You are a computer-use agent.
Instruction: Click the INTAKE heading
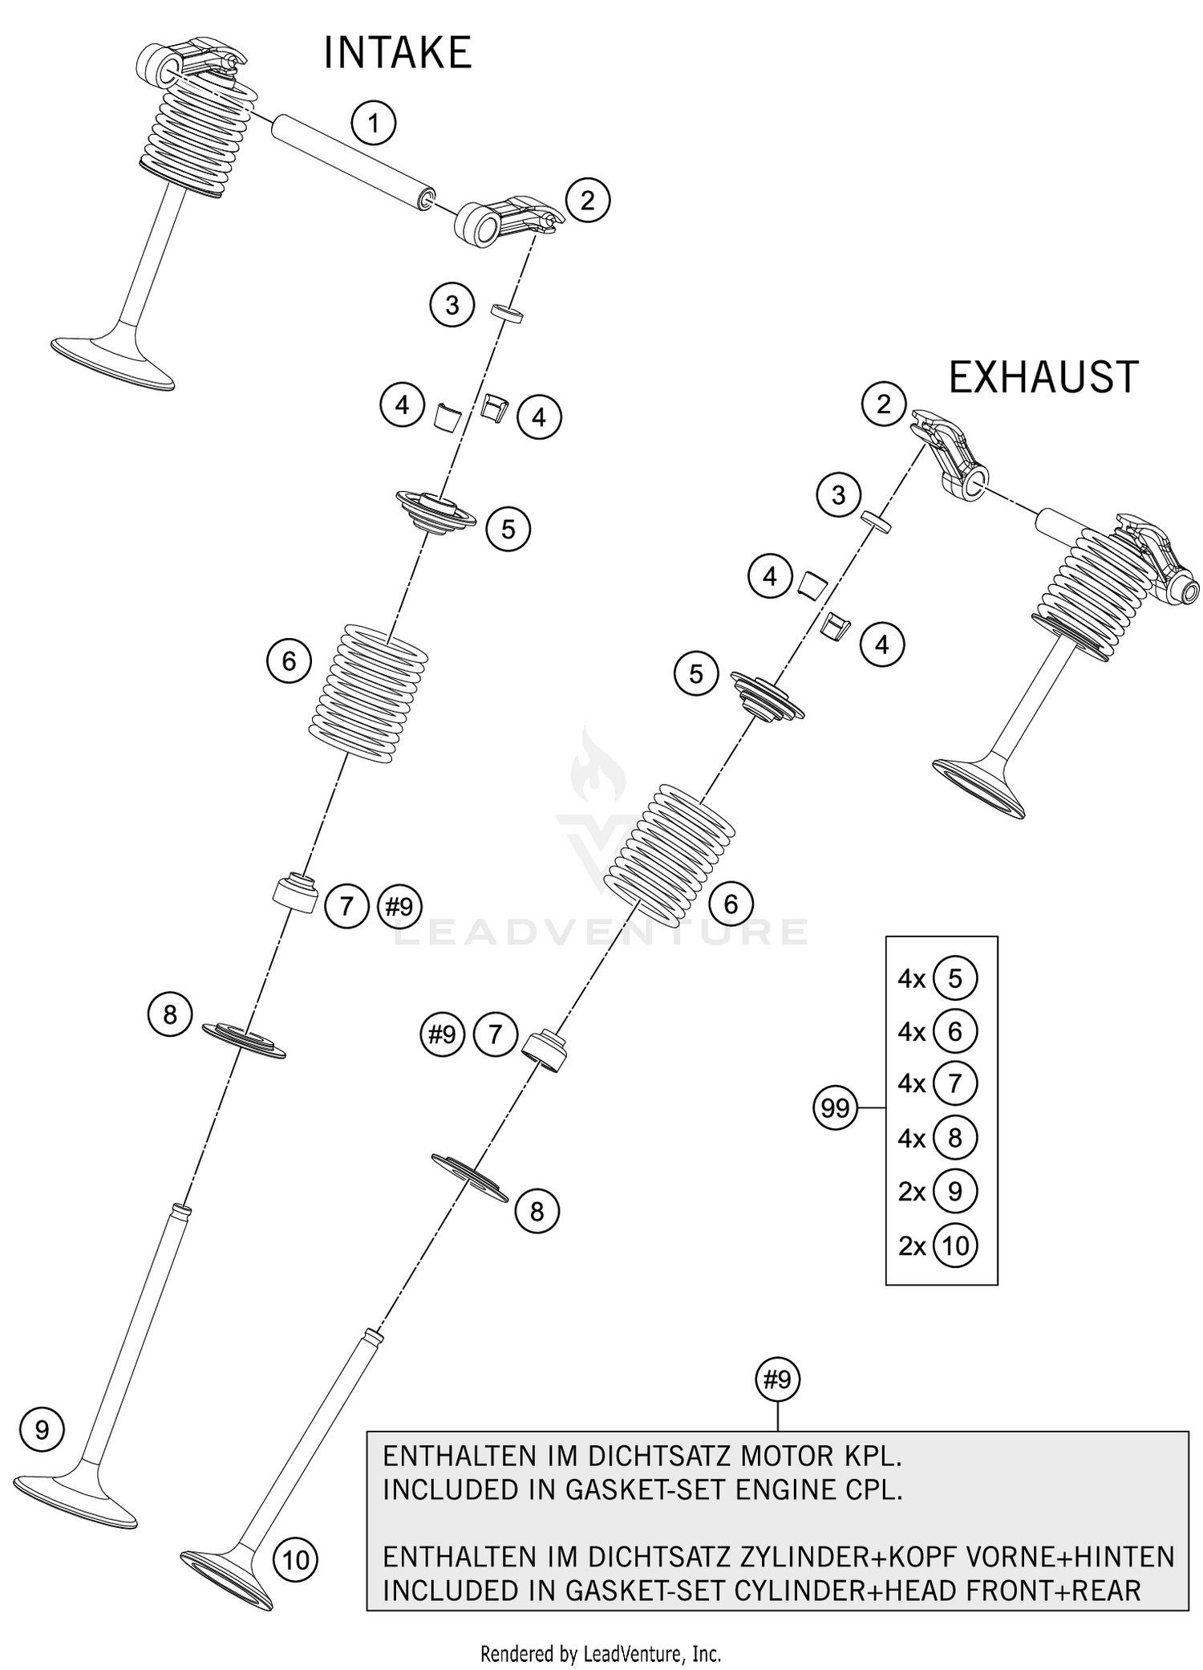click(x=397, y=54)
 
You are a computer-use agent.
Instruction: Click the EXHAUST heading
click(x=1043, y=377)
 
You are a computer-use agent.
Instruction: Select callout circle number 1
click(x=374, y=123)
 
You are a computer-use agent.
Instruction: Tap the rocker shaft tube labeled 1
click(x=353, y=161)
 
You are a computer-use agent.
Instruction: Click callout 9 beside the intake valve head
click(x=42, y=1429)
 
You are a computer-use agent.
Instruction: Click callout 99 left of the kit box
click(x=835, y=1108)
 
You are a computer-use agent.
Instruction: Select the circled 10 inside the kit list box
click(x=954, y=1245)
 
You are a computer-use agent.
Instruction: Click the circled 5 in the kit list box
click(x=954, y=978)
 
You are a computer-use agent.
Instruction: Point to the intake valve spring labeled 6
click(x=369, y=693)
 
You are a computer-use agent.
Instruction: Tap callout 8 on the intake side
click(x=169, y=1014)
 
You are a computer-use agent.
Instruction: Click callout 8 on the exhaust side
click(x=537, y=1211)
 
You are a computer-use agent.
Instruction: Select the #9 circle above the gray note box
click(x=777, y=1379)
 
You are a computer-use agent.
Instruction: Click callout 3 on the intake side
click(x=452, y=305)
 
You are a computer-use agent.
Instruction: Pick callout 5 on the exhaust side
click(x=696, y=673)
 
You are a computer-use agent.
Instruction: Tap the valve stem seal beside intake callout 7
click(x=296, y=893)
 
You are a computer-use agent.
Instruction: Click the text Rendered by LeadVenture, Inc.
click(x=601, y=1653)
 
